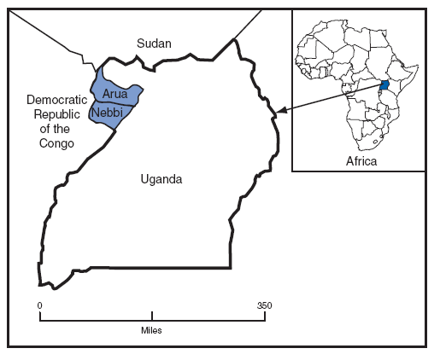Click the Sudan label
click(155, 44)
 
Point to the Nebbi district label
click(105, 112)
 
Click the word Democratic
click(52, 101)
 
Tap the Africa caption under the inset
click(361, 160)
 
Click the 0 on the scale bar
click(39, 305)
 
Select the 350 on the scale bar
click(264, 305)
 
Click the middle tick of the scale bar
click(152, 316)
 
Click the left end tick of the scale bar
click(40, 317)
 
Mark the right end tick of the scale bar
click(264, 317)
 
